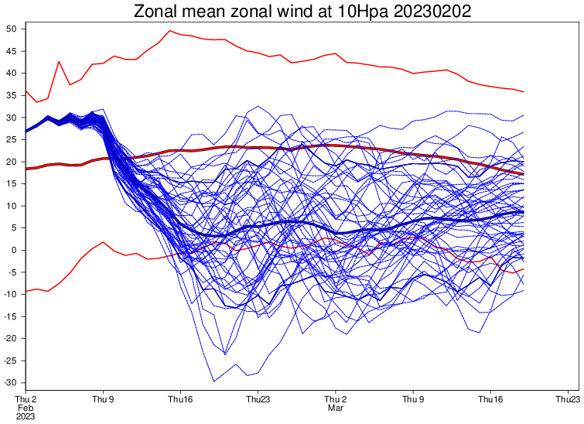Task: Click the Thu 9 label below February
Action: pyautogui.click(x=103, y=399)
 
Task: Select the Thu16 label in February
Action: pyautogui.click(x=180, y=399)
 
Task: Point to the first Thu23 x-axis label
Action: pyautogui.click(x=258, y=399)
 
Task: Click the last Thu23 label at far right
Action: pyautogui.click(x=567, y=399)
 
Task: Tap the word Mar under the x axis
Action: pyautogui.click(x=335, y=408)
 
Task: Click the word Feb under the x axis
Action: pyautogui.click(x=26, y=408)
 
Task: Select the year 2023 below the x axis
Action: pyautogui.click(x=26, y=416)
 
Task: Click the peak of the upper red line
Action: pyautogui.click(x=169, y=31)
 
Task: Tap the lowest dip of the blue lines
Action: pyautogui.click(x=213, y=381)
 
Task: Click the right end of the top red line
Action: pyautogui.click(x=524, y=92)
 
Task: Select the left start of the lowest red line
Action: pyautogui.click(x=26, y=291)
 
